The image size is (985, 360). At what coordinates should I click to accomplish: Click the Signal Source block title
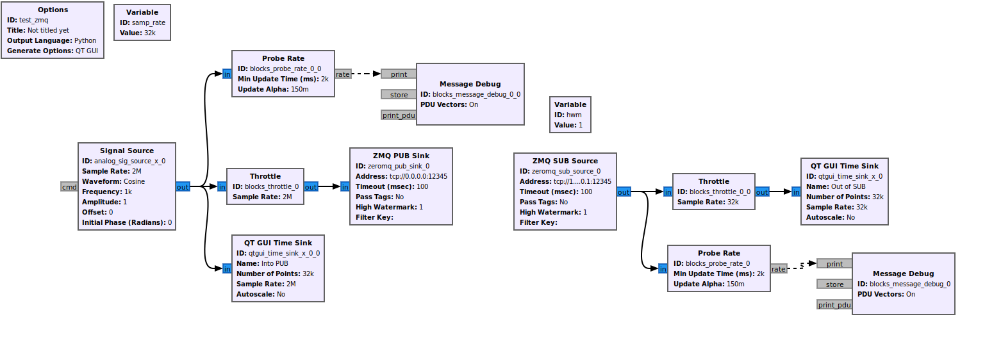127,151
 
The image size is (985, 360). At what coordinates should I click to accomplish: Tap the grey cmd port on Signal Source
69,187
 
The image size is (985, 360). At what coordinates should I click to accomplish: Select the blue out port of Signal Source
183,187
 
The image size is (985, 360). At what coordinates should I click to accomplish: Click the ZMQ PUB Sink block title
401,156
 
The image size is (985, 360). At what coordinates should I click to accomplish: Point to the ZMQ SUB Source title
565,161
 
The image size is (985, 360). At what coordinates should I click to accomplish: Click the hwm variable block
570,115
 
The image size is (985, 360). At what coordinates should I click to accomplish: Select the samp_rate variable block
142,22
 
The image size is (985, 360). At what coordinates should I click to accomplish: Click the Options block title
53,10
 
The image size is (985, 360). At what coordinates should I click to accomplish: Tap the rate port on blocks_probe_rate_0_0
343,74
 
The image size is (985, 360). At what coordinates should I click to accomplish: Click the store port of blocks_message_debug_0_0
399,95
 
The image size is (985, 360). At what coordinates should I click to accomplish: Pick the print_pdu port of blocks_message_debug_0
834,305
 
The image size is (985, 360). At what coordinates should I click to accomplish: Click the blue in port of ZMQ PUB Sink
345,187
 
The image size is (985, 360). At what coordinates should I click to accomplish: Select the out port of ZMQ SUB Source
624,192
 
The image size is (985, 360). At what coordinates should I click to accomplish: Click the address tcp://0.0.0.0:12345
418,176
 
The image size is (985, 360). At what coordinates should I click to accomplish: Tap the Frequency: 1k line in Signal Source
107,192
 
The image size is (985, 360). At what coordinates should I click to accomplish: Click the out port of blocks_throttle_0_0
762,192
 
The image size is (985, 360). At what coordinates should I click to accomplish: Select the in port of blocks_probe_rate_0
663,269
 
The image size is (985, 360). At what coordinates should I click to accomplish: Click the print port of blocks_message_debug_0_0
399,74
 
